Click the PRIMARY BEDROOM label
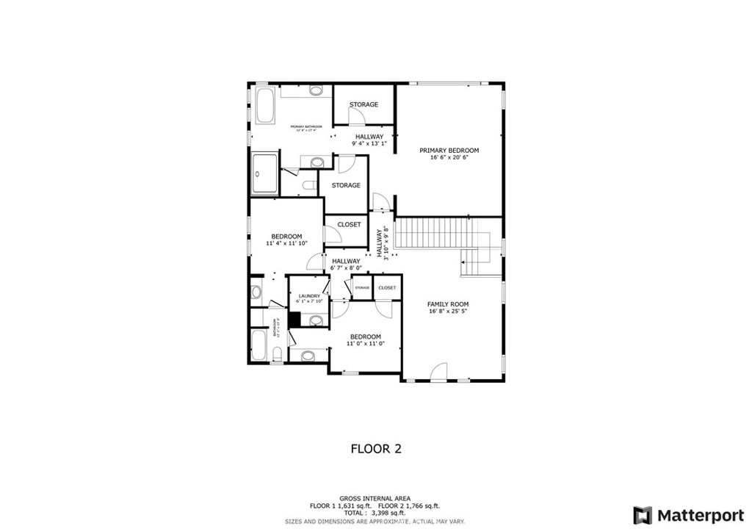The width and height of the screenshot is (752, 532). [449, 150]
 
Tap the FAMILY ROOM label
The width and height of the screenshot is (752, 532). [448, 303]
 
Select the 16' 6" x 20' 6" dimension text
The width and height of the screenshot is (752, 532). [449, 157]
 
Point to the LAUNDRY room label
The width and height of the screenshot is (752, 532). [308, 295]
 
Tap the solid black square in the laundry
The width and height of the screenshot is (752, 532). [294, 320]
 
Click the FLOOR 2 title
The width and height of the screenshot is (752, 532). [375, 447]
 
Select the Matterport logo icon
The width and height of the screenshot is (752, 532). [643, 514]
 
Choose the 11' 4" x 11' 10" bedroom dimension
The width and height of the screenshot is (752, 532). [286, 243]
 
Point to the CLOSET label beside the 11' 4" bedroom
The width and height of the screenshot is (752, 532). [349, 224]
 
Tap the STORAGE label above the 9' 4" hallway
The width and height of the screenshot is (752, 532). [364, 104]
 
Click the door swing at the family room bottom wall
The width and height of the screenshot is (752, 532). [438, 373]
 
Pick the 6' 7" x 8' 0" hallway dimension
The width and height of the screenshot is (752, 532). [345, 268]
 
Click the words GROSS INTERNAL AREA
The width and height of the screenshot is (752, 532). [375, 497]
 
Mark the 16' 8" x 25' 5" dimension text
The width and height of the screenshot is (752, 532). [448, 311]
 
